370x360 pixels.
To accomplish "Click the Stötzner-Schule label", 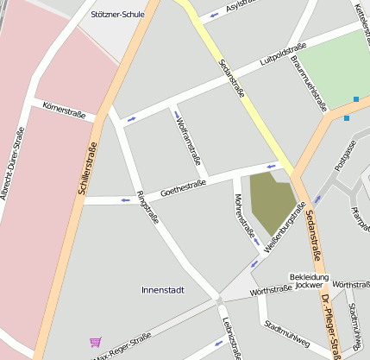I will pyautogui.click(x=117, y=15).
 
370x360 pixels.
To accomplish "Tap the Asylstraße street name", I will pyautogui.click(x=243, y=7).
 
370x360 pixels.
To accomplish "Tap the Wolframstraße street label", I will pyautogui.click(x=188, y=142).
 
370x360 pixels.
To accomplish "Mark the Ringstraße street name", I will pyautogui.click(x=147, y=207).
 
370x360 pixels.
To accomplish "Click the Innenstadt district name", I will pyautogui.click(x=162, y=290).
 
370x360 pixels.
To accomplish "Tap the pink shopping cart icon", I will pyautogui.click(x=95, y=342).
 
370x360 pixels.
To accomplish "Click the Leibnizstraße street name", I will pyautogui.click(x=229, y=337).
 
